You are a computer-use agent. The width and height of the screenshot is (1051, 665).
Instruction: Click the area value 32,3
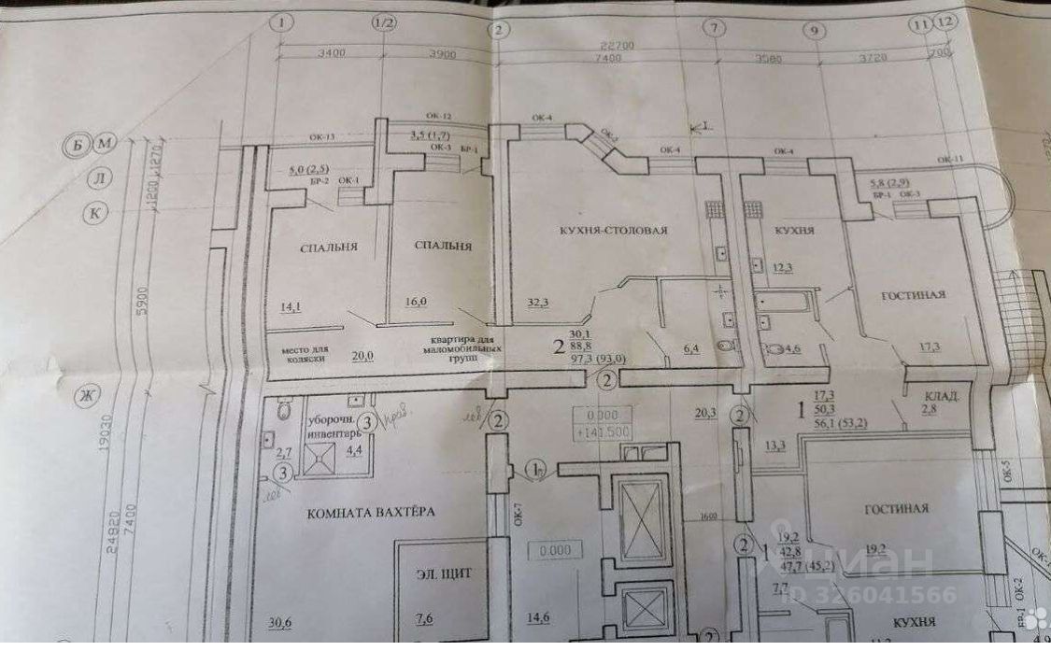pyautogui.click(x=537, y=302)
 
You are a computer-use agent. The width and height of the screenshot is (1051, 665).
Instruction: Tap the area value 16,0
pyautogui.click(x=416, y=302)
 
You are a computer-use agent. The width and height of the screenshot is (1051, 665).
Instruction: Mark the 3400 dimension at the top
pyautogui.click(x=331, y=53)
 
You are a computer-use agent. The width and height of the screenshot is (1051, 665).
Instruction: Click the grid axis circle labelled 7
pyautogui.click(x=717, y=30)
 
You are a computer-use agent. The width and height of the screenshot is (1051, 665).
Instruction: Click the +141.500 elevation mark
pyautogui.click(x=604, y=432)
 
